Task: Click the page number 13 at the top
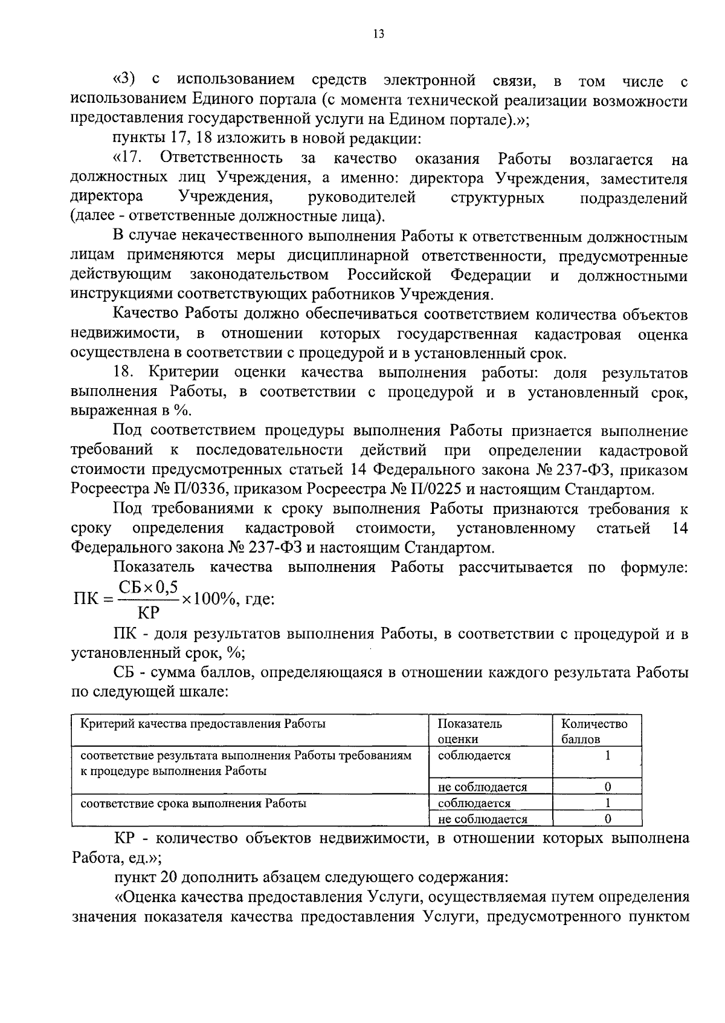pos(379,34)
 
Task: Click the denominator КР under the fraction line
pos(148,613)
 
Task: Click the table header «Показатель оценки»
pos(469,731)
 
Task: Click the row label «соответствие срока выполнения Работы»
pos(193,804)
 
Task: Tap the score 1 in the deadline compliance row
pos(608,804)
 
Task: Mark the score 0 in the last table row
pos(608,819)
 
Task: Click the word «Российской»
pos(390,276)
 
